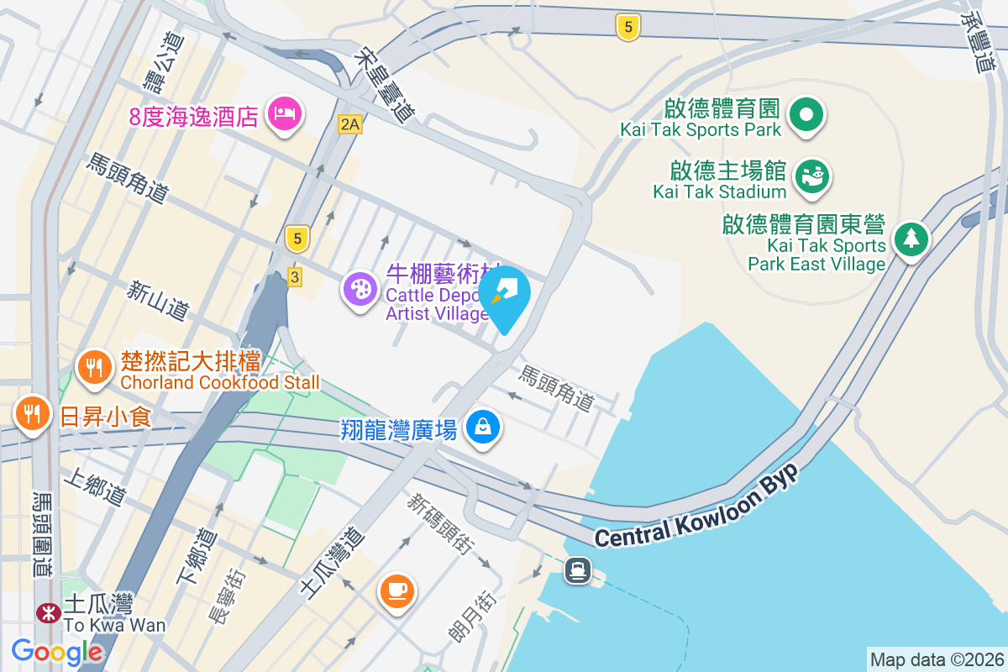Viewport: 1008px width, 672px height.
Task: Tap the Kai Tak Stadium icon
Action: tap(812, 176)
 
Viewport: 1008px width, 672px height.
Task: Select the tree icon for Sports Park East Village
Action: tap(911, 239)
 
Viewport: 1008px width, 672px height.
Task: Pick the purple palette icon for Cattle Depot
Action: tap(360, 290)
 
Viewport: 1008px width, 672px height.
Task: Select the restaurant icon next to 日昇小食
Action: tap(32, 413)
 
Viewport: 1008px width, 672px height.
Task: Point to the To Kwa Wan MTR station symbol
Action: tap(48, 612)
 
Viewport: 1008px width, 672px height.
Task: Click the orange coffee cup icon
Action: tap(396, 590)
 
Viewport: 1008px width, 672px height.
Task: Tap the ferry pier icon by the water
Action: tap(578, 571)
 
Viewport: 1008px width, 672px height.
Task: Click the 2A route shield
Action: tap(349, 124)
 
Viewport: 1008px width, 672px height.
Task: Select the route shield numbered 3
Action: tap(294, 276)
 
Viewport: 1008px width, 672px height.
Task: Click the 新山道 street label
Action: tap(157, 299)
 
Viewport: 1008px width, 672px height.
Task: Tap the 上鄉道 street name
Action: tap(94, 487)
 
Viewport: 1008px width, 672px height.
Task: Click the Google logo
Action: tap(57, 651)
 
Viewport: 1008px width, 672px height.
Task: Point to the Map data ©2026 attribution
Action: tap(936, 659)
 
